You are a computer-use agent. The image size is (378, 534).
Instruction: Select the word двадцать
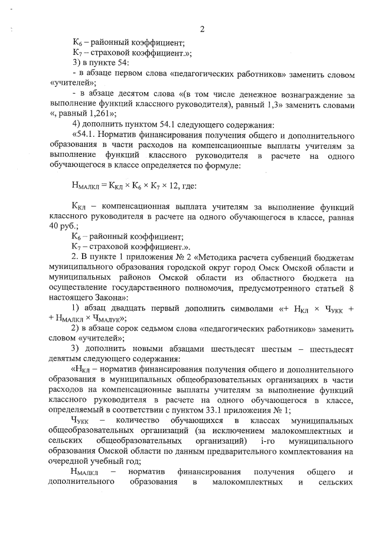pyautogui.click(x=135, y=307)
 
